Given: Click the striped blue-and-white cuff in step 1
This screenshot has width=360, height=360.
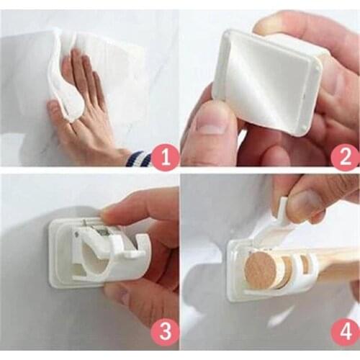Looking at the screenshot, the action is pyautogui.click(x=138, y=157).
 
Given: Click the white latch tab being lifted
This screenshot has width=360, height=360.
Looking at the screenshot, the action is pyautogui.click(x=282, y=210).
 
